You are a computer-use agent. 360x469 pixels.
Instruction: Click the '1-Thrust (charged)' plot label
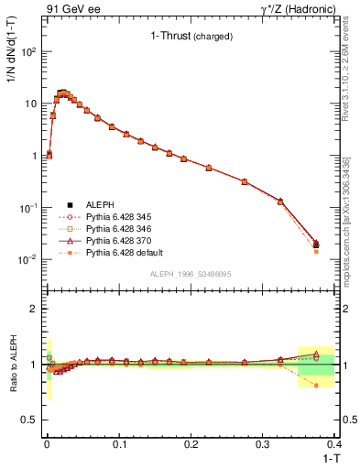[191, 37]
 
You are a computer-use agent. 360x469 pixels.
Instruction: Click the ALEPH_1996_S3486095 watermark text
[190, 275]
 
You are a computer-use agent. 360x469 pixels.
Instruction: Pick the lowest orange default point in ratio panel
[316, 386]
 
